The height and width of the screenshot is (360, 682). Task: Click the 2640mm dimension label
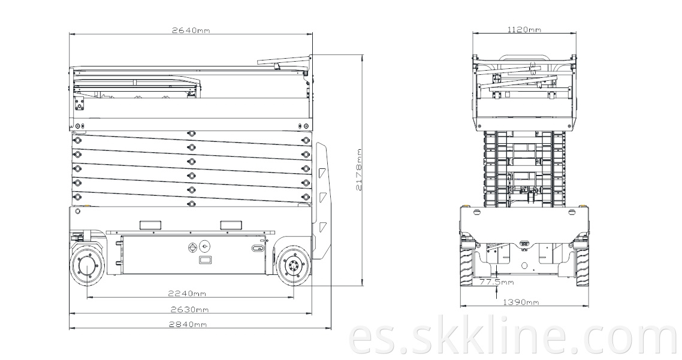[x=191, y=30]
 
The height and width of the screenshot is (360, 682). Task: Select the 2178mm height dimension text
[x=359, y=170]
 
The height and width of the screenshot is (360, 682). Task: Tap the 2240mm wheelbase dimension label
[x=187, y=294]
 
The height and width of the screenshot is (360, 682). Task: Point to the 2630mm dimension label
[x=190, y=310]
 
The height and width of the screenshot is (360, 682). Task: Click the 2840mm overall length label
[x=188, y=324]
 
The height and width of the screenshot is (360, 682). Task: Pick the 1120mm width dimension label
[x=524, y=29]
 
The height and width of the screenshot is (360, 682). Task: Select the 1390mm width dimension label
[x=521, y=302]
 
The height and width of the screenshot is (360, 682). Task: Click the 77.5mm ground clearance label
[x=497, y=282]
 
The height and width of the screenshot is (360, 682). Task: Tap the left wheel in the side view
[x=87, y=266]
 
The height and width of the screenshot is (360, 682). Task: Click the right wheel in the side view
[x=293, y=266]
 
